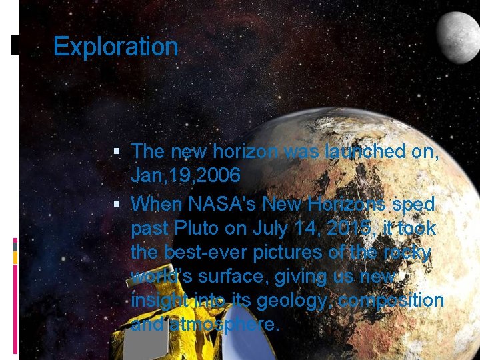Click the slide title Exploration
pyautogui.click(x=115, y=47)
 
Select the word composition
pyautogui.click(x=391, y=301)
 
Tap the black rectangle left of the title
pyautogui.click(x=15, y=45)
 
